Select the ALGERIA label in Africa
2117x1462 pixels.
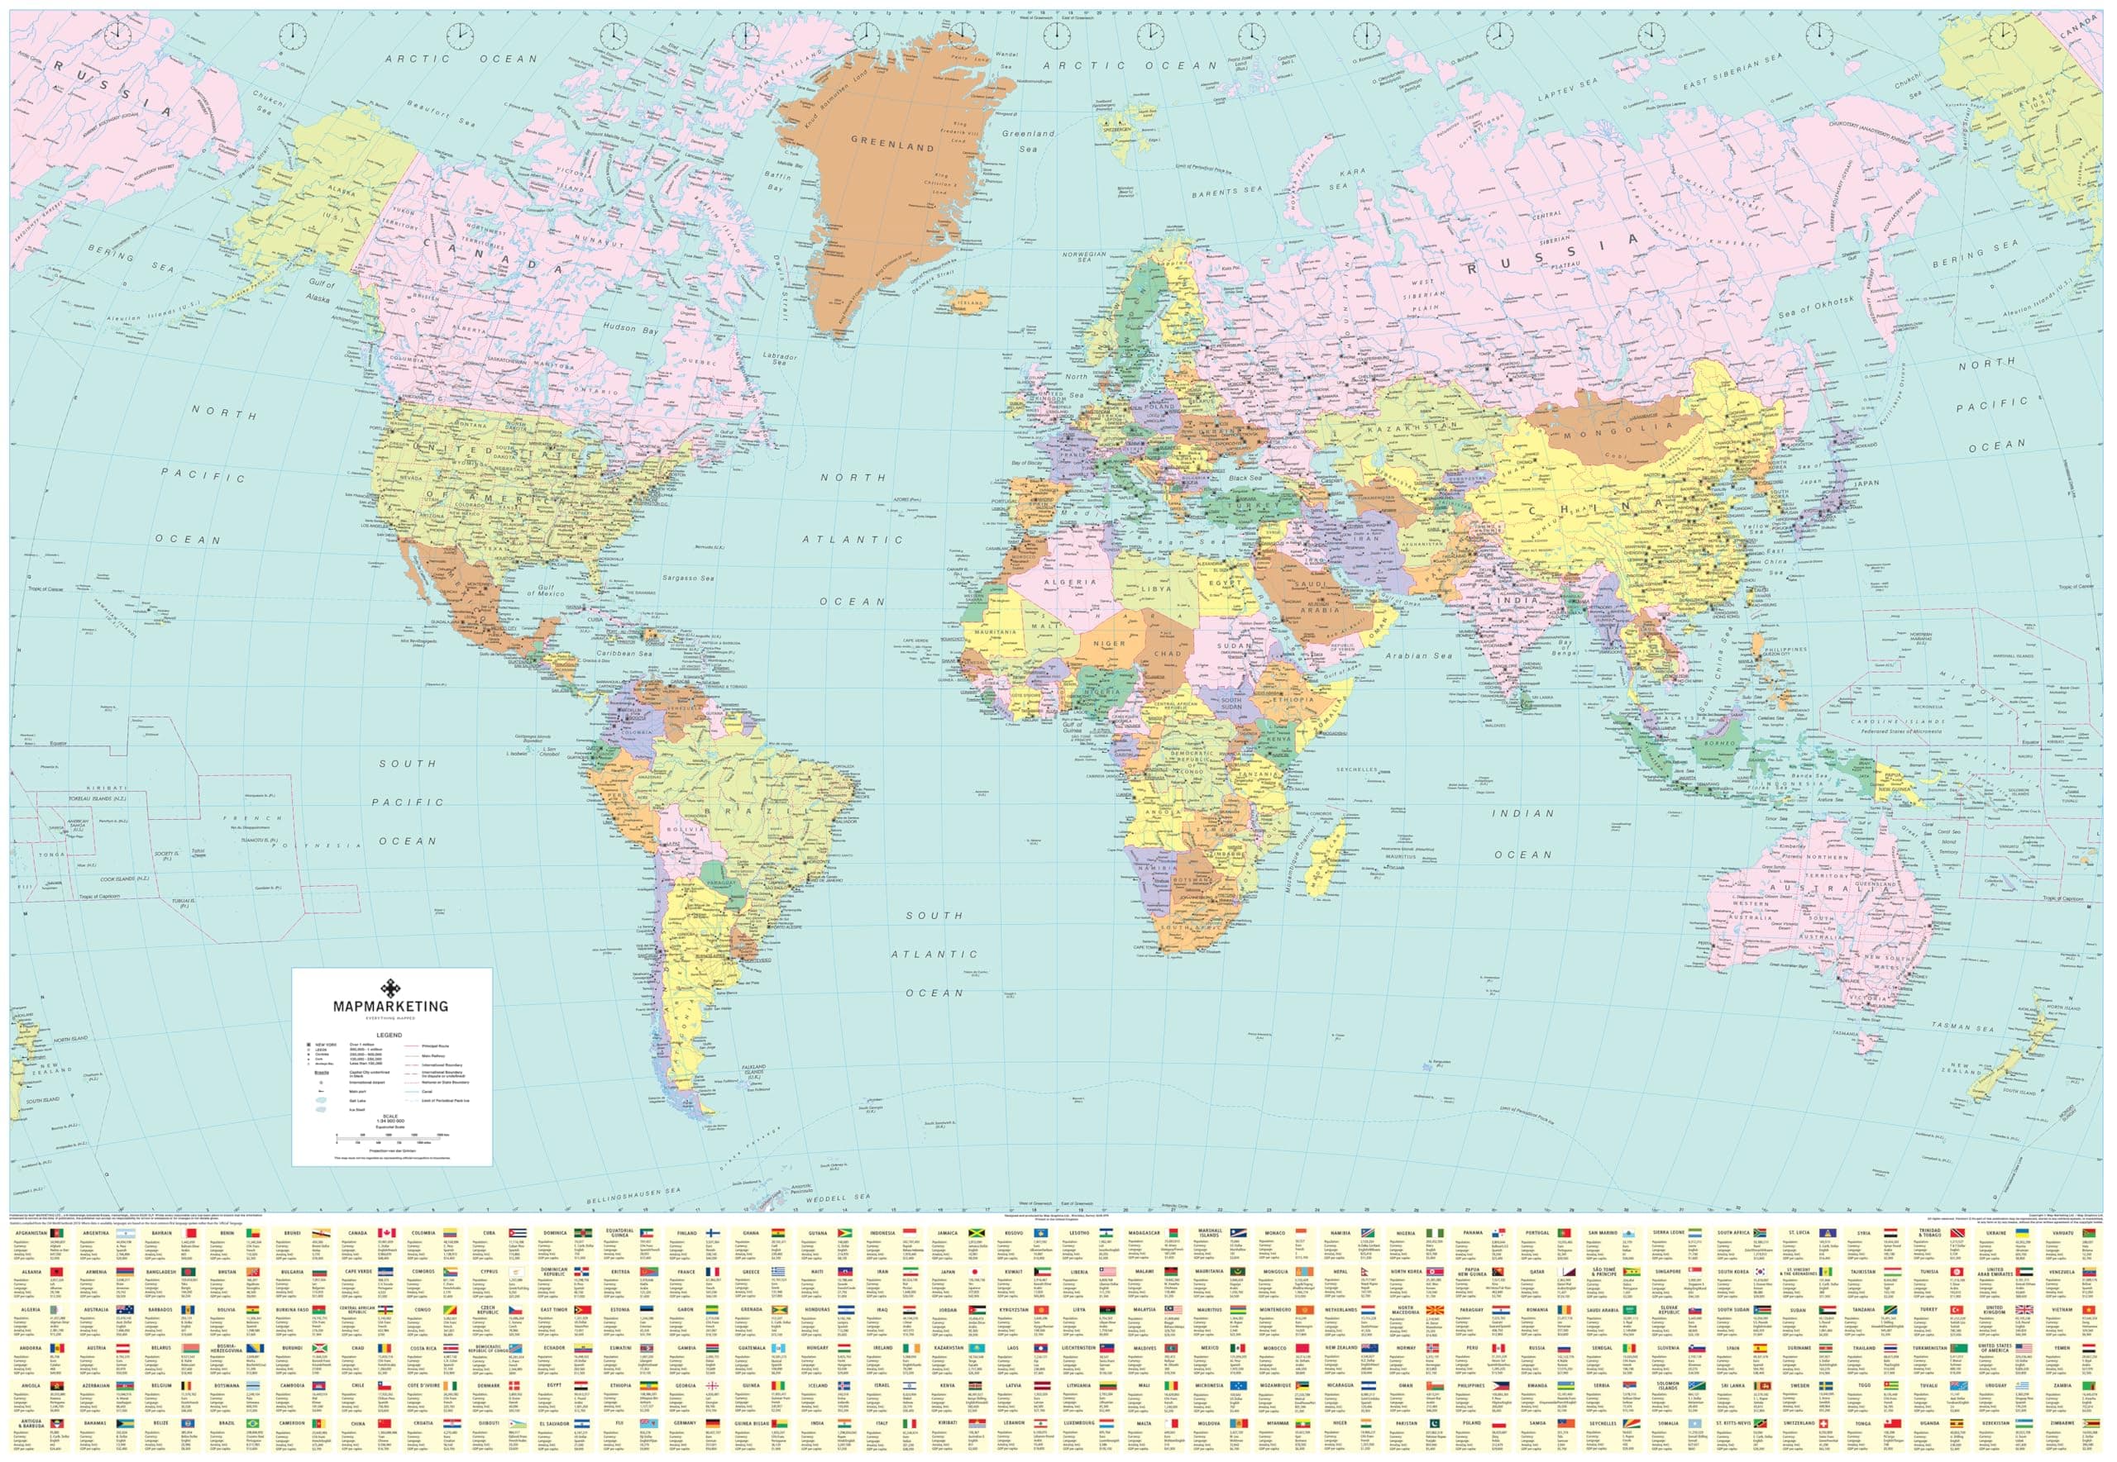pyautogui.click(x=1064, y=582)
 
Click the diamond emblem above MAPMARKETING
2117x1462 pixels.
pyautogui.click(x=392, y=988)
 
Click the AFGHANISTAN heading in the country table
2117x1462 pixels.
pyautogui.click(x=31, y=1233)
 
